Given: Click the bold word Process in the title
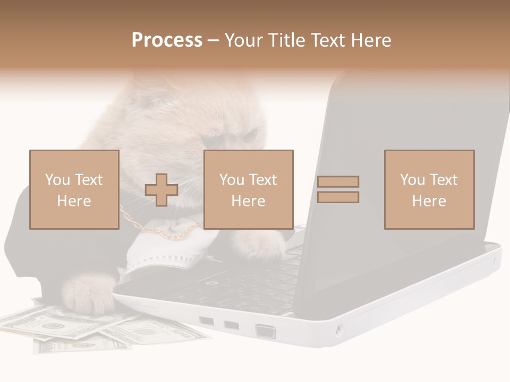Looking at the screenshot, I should (167, 40).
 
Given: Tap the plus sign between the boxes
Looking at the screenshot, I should (161, 190).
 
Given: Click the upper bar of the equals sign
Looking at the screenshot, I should (338, 181).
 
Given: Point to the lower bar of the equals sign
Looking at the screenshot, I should (338, 197).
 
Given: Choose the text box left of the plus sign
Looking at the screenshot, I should (74, 189).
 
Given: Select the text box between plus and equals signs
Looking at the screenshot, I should (248, 189).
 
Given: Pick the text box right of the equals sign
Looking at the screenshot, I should (429, 189).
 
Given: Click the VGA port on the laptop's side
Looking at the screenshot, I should (266, 332).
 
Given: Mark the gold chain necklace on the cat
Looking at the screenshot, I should (159, 233).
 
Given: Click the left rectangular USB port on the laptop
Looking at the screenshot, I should (207, 321).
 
